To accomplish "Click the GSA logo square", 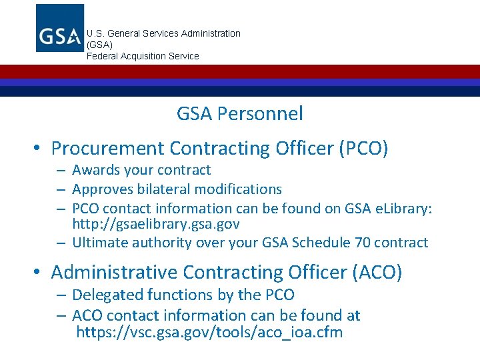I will pos(60,28).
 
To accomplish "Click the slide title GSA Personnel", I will pos(239,114).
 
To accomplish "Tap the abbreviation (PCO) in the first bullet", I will pos(363,148).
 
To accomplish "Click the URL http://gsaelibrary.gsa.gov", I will pos(156,224).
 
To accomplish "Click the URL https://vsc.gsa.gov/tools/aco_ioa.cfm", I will pos(209,332).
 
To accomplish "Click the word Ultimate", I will pos(101,243).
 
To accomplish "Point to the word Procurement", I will pos(107,148).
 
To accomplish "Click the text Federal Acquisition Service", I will pos(143,56).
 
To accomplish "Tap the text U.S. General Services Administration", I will pos(163,33).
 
